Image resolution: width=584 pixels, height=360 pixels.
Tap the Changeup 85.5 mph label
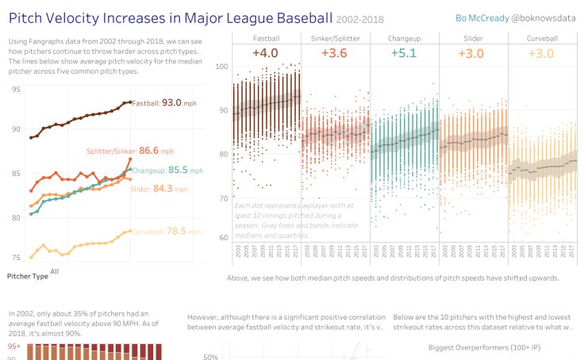(x=163, y=169)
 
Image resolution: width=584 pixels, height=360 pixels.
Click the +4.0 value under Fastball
(x=266, y=53)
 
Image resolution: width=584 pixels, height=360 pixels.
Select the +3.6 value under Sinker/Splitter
(x=335, y=53)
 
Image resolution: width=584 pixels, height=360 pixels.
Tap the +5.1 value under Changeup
(x=403, y=53)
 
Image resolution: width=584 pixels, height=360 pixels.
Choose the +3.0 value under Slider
(x=472, y=53)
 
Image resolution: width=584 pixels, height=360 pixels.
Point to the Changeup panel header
(x=404, y=37)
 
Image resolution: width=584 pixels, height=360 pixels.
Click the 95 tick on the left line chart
(x=17, y=89)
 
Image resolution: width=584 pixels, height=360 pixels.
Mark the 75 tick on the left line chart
(x=17, y=258)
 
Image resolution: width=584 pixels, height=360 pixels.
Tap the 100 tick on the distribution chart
(x=223, y=67)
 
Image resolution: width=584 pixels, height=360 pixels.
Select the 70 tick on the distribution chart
(x=223, y=197)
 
